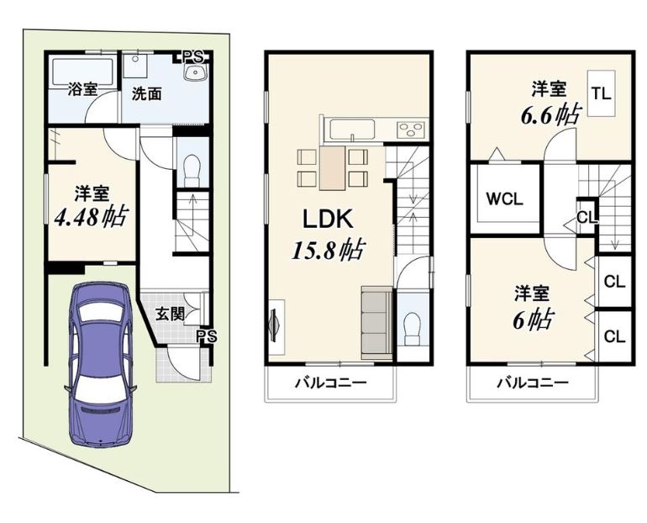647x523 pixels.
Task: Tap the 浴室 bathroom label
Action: coord(82,89)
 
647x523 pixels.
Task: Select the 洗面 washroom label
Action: coord(146,94)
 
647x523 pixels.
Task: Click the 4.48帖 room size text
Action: coord(92,216)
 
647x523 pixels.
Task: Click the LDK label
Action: coord(328,219)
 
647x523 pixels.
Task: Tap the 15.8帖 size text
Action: coord(328,250)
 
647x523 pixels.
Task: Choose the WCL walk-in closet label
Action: coord(504,199)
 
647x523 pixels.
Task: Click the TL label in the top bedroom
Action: coord(602,93)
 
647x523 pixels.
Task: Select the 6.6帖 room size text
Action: coord(551,115)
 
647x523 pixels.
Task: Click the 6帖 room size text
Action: coord(533,319)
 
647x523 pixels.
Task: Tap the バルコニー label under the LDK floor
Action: coord(330,383)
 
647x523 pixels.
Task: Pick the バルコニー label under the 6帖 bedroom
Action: coord(532,383)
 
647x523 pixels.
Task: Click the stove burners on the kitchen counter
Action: coord(411,129)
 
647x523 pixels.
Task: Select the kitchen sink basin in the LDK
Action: coord(351,129)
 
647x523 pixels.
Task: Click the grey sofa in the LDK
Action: coord(376,323)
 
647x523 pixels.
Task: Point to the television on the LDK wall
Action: coord(274,325)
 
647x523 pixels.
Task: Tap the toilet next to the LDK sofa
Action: coord(413,328)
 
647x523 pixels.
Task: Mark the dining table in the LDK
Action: coord(332,168)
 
